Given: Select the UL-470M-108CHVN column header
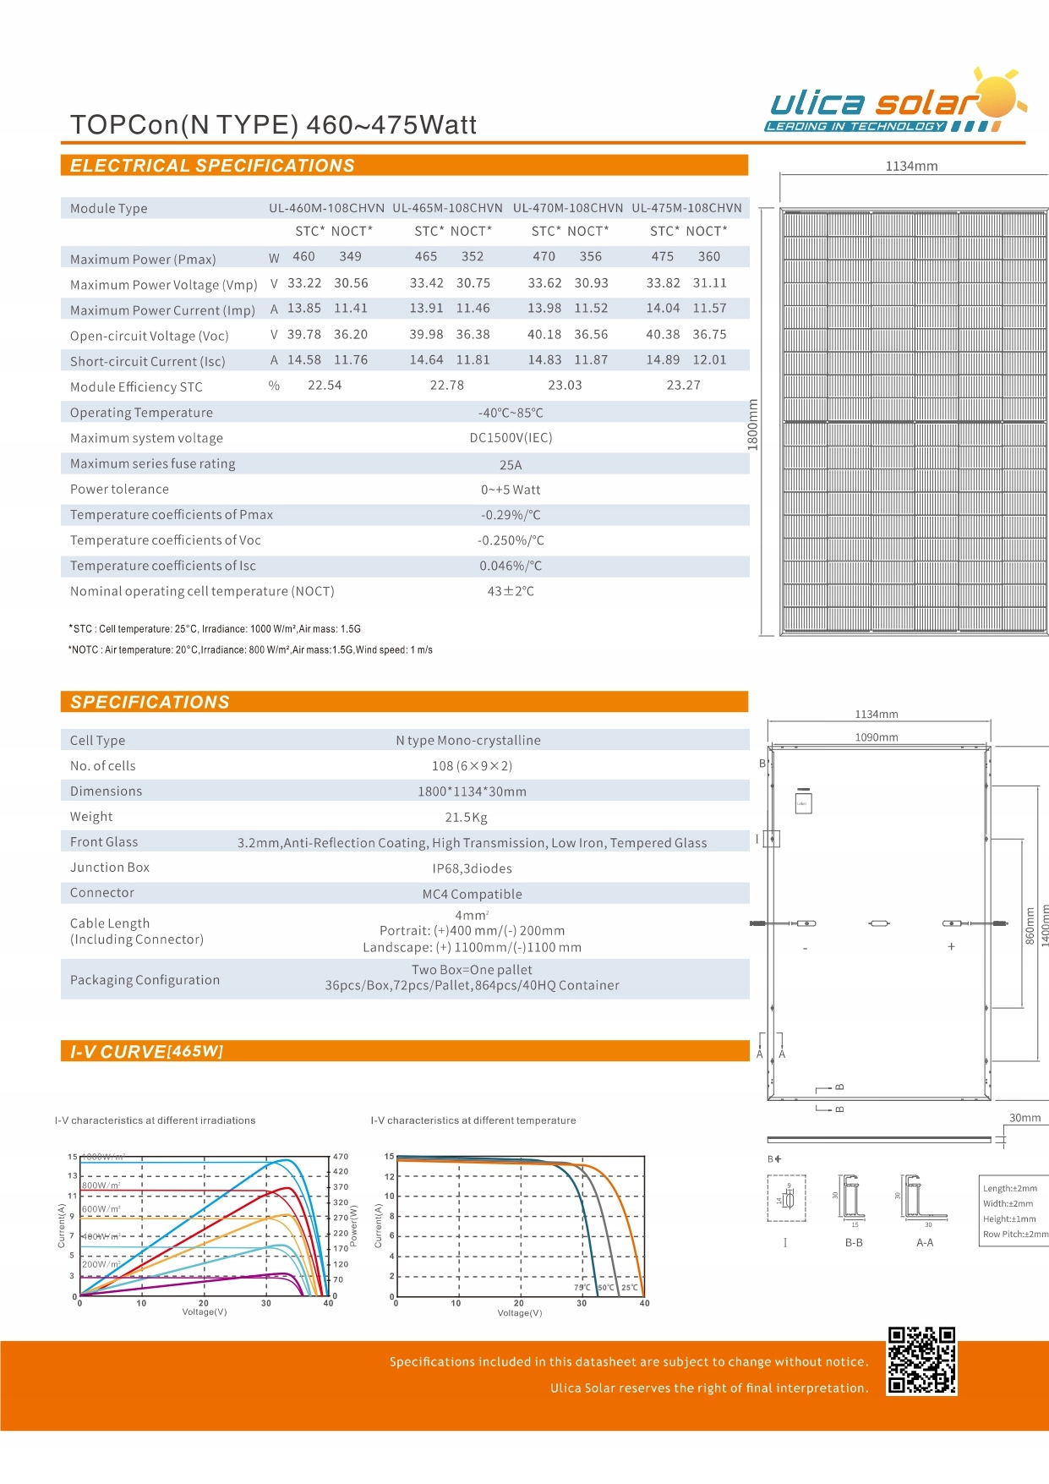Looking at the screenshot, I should pyautogui.click(x=567, y=208).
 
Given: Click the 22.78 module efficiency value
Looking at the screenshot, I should pyautogui.click(x=446, y=386).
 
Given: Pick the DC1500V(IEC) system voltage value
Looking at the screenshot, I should pyautogui.click(x=511, y=438).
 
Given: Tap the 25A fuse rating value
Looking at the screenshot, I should pyautogui.click(x=511, y=465).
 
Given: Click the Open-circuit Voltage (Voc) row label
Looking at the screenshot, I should pyautogui.click(x=150, y=336).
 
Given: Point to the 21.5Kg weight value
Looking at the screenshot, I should pyautogui.click(x=466, y=818).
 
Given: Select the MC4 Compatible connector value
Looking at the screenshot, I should pyautogui.click(x=472, y=895).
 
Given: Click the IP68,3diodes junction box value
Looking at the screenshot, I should pyautogui.click(x=472, y=868).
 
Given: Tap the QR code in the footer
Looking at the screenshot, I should pyautogui.click(x=921, y=1361).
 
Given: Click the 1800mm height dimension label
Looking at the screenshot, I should pyautogui.click(x=753, y=424).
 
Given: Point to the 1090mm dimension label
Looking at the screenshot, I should pyautogui.click(x=876, y=737).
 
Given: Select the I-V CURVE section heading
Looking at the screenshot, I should pyautogui.click(x=146, y=1052).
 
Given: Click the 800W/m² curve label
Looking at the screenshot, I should pyautogui.click(x=101, y=1186).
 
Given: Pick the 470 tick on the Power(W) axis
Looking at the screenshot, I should pyautogui.click(x=341, y=1157).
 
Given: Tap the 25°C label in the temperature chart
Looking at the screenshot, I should pyautogui.click(x=630, y=1288).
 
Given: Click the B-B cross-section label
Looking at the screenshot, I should pyautogui.click(x=854, y=1243).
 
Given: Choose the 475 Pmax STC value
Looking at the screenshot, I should pyautogui.click(x=663, y=256).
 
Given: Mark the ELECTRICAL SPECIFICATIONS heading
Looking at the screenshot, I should pyautogui.click(x=212, y=166).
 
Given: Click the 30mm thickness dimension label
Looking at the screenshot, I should pyautogui.click(x=1024, y=1118).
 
